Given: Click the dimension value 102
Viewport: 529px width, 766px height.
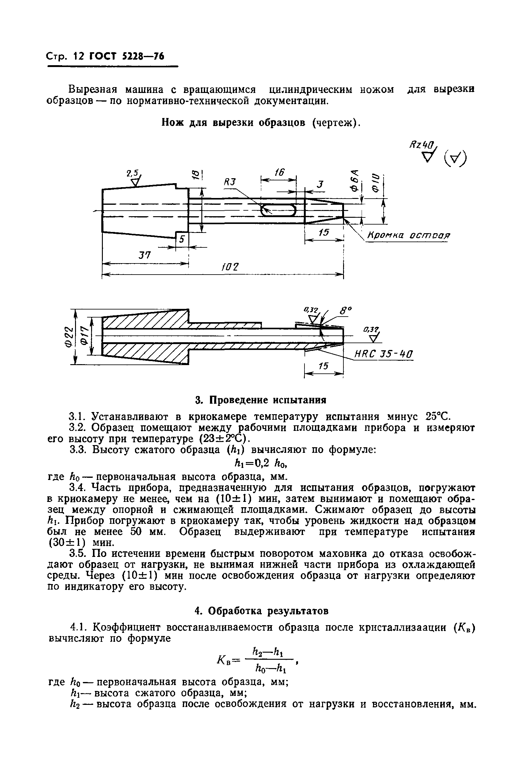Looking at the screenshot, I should coord(230,267).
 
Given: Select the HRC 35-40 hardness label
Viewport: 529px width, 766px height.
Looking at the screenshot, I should coord(384,354).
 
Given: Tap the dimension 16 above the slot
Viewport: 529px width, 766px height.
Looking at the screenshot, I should coord(279,172).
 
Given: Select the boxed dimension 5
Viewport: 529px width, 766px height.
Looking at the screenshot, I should coord(182,239).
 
